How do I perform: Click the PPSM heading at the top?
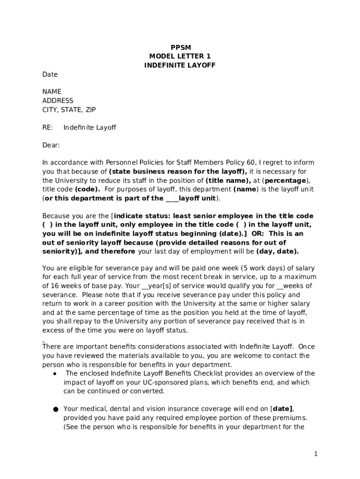(x=180, y=47)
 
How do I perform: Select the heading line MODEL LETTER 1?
(x=180, y=56)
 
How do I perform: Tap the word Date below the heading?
(x=50, y=74)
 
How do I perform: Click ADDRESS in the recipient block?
(x=58, y=101)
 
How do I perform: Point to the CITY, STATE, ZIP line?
(x=69, y=110)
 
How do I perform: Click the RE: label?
(x=48, y=128)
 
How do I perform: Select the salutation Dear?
(x=51, y=145)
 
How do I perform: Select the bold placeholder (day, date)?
(x=277, y=251)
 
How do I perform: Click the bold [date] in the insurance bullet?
(x=283, y=409)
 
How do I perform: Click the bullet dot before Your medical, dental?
(x=55, y=409)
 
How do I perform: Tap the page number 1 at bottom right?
(x=316, y=454)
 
